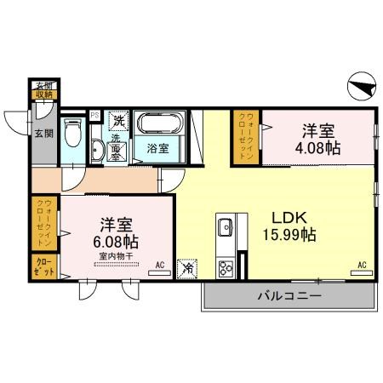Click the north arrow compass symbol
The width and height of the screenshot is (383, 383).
[x=360, y=86]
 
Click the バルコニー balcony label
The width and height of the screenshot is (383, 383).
[x=289, y=297]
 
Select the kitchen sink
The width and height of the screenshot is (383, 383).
[x=226, y=228]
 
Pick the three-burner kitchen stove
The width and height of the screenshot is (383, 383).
[x=227, y=269]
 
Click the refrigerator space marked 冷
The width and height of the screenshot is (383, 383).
[x=186, y=267]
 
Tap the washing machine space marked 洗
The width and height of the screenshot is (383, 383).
[x=120, y=118]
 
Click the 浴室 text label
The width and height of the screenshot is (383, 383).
[x=157, y=148]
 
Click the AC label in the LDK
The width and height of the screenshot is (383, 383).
[x=362, y=266]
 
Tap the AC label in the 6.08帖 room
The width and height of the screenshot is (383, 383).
[x=158, y=265]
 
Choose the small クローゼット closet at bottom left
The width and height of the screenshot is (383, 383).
[x=44, y=266]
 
